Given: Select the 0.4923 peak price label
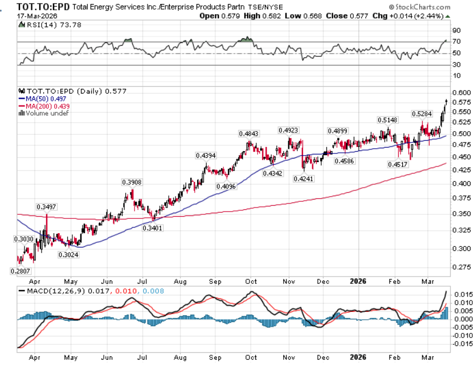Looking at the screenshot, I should pyautogui.click(x=289, y=131).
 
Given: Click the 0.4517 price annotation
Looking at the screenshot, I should pyautogui.click(x=397, y=165).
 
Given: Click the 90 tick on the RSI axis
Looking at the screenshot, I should pyautogui.click(x=456, y=30).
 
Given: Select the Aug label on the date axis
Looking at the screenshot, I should pyautogui.click(x=180, y=281).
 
